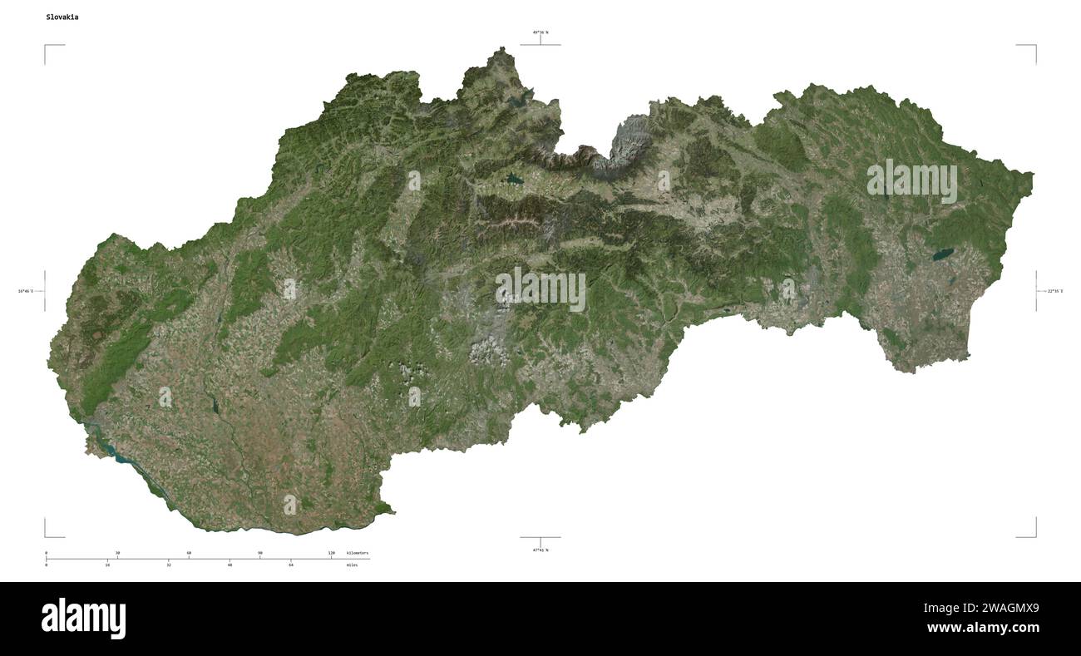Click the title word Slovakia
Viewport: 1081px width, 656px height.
(63, 17)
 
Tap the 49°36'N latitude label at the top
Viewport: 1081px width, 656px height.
(540, 32)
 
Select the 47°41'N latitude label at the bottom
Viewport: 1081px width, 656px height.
(540, 550)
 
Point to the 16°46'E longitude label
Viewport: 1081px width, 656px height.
(26, 291)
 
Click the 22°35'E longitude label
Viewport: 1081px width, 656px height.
(1054, 291)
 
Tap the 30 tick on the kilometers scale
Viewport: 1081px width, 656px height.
(117, 553)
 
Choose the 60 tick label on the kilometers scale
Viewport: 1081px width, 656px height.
(189, 553)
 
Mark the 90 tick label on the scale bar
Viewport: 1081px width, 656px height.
(260, 553)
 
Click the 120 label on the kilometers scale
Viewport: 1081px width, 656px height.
(331, 553)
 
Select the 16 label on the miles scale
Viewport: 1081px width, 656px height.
(107, 565)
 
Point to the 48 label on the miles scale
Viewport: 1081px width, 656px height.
(230, 565)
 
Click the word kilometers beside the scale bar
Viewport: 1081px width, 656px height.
(358, 553)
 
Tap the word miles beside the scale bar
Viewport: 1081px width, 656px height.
(353, 565)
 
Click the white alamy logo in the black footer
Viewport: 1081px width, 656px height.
(84, 619)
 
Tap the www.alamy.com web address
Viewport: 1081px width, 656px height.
(983, 628)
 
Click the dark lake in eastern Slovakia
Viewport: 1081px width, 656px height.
(945, 254)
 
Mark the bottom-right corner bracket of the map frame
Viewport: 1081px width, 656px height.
(1035, 535)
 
